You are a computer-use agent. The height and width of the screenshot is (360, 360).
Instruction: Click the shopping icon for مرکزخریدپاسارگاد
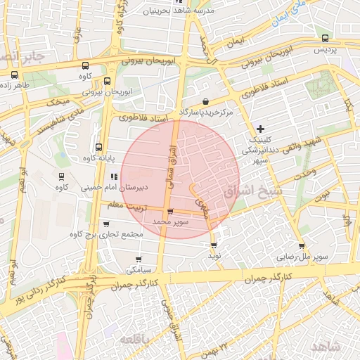pos(205,101)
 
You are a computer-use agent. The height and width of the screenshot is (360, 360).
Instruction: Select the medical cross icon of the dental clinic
pos(261,129)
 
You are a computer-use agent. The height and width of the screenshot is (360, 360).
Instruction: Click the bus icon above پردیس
pos(324,38)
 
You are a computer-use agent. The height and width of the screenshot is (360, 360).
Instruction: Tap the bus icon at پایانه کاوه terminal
pos(98,148)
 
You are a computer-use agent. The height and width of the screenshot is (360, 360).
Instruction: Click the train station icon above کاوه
pos(62,176)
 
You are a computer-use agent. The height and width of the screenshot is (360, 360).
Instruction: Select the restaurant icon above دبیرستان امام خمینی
pos(114,176)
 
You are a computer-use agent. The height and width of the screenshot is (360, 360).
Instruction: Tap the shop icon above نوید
pos(214,245)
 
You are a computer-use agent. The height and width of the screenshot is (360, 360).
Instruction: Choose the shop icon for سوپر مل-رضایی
pos(302,246)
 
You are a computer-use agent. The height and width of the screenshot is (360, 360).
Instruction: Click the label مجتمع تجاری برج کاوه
pos(103,233)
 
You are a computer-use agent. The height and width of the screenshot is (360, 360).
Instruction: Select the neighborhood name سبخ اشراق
pos(251,191)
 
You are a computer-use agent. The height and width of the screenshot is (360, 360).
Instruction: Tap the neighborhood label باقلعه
pos(137,340)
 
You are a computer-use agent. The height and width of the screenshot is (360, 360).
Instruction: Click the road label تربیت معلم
pos(129,205)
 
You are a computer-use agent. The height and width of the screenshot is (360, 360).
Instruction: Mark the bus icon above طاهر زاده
pos(14,75)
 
